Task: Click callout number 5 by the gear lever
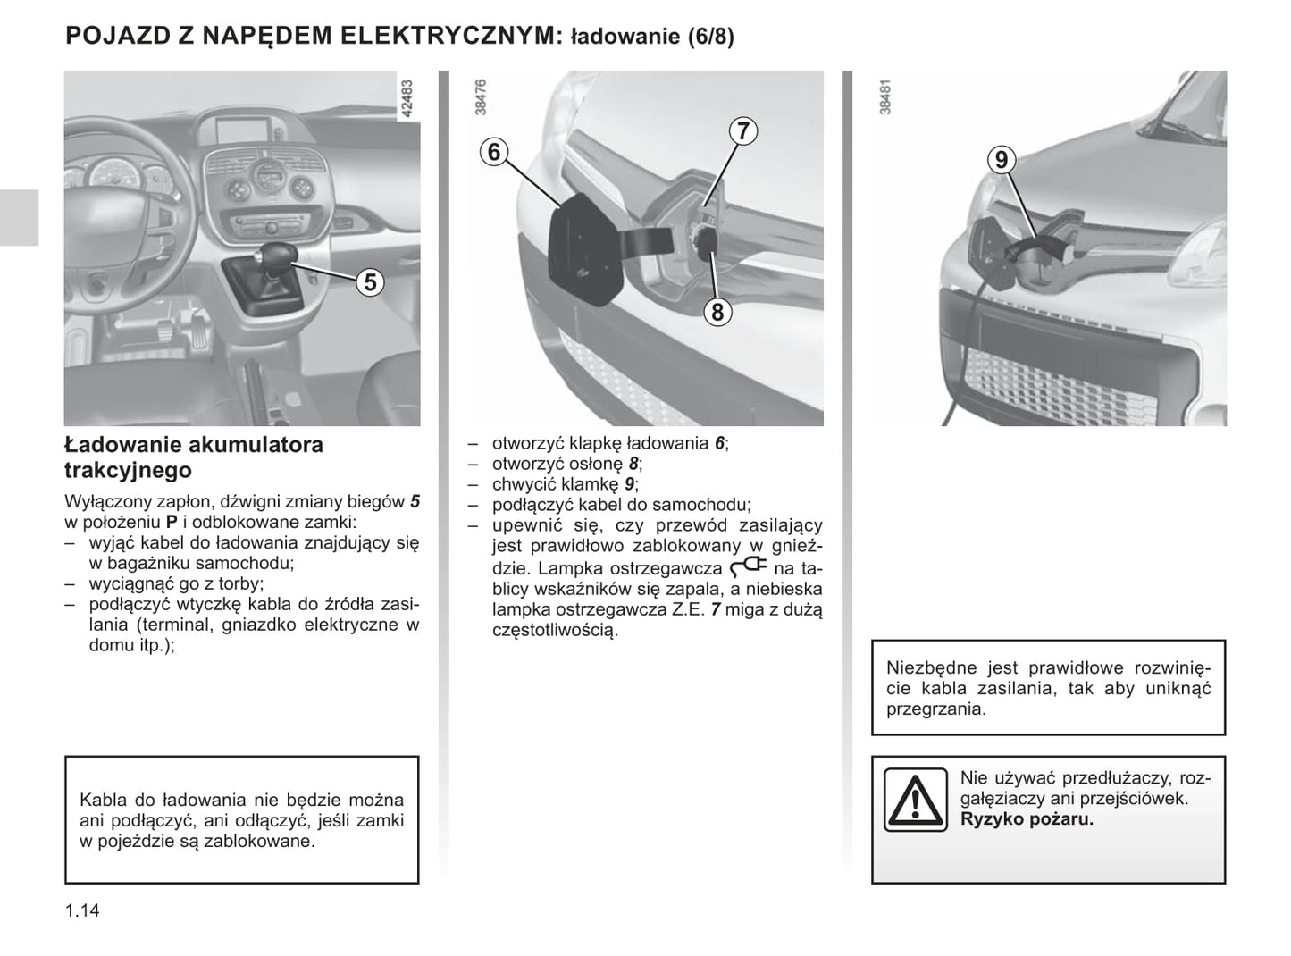point(369,282)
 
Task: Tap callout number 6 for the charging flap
point(493,152)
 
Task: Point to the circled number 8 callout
point(717,312)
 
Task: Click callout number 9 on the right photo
point(1002,160)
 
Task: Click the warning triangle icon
point(915,799)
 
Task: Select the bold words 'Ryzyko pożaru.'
point(1027,819)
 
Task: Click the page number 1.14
point(82,911)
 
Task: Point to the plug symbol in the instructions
point(749,566)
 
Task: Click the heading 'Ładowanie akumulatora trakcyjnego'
point(194,457)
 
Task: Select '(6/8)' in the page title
point(711,38)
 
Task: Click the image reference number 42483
point(407,99)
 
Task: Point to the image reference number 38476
point(482,97)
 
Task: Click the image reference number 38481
point(885,97)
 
